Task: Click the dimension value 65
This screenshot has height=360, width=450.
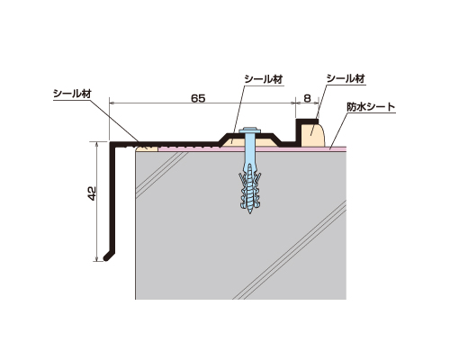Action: (198, 98)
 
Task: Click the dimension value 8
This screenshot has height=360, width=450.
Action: (307, 98)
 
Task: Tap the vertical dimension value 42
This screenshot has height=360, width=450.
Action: (92, 193)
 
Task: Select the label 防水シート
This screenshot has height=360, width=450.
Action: (371, 107)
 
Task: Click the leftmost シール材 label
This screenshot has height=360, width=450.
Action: (72, 94)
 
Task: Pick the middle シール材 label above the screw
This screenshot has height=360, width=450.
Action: (264, 79)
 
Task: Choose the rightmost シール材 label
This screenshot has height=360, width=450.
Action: (346, 78)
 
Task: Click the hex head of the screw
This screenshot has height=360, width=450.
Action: (249, 130)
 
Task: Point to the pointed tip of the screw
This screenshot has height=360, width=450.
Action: (249, 213)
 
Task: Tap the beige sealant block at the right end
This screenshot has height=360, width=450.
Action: (312, 135)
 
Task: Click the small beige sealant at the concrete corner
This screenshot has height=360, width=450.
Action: (147, 148)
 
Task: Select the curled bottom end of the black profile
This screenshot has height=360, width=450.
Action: (107, 257)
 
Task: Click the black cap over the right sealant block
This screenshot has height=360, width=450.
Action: (306, 121)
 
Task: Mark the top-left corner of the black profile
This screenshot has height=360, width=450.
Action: (110, 142)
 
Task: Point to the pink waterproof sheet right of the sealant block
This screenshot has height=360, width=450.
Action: (336, 148)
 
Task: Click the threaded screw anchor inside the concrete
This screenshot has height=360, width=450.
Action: (249, 187)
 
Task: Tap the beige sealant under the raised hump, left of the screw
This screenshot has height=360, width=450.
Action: (237, 142)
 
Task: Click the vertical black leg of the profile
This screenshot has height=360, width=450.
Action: (112, 198)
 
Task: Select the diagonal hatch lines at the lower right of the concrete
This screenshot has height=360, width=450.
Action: (290, 250)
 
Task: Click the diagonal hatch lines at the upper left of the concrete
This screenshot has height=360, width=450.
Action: (162, 175)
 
